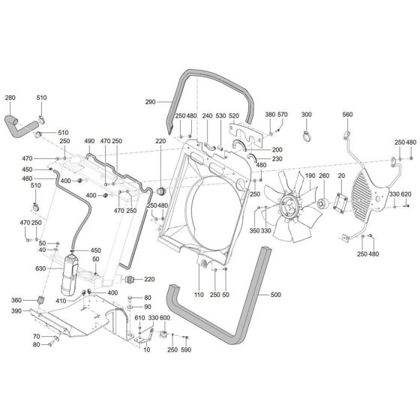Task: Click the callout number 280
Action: (10, 97)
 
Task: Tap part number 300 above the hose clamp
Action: (305, 115)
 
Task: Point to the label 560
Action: (347, 115)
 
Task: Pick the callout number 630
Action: (40, 267)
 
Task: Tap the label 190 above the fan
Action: (307, 175)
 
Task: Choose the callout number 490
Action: (88, 141)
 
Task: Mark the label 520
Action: (233, 115)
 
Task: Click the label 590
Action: (186, 349)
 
